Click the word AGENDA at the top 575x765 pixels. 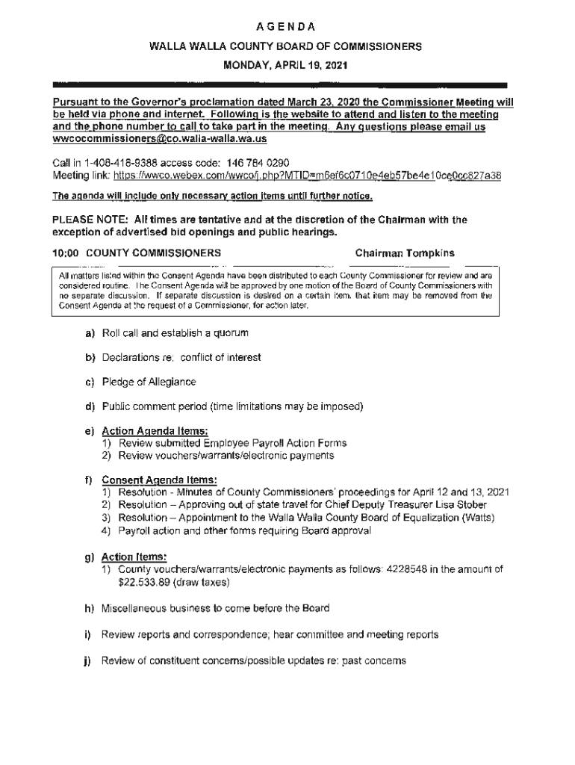(x=287, y=28)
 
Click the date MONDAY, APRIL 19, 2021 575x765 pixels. (x=287, y=66)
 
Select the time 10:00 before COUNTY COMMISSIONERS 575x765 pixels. (x=66, y=253)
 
